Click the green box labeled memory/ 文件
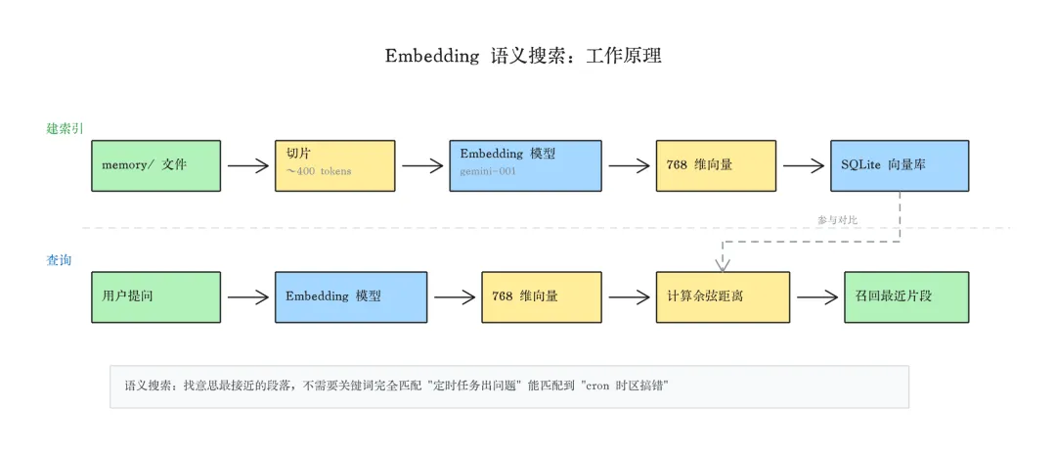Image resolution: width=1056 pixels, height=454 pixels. [156, 165]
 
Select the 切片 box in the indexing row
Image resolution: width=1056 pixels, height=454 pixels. [334, 165]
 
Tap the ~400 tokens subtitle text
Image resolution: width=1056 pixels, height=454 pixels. [319, 172]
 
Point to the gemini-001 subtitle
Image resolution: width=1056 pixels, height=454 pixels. [488, 171]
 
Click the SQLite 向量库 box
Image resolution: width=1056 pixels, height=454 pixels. [899, 165]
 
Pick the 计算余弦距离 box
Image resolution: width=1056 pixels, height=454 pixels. [722, 296]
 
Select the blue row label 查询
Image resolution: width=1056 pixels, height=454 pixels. [59, 259]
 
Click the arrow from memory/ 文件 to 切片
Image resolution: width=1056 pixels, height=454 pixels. [248, 166]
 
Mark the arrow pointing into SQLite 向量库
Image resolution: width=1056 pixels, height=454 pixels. [804, 166]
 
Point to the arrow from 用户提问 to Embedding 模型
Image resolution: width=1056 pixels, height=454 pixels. [248, 297]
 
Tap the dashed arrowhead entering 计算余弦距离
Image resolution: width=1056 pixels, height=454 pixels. [723, 264]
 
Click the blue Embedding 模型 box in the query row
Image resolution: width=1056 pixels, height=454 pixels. [350, 296]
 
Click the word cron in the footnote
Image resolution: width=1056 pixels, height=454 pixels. [596, 386]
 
